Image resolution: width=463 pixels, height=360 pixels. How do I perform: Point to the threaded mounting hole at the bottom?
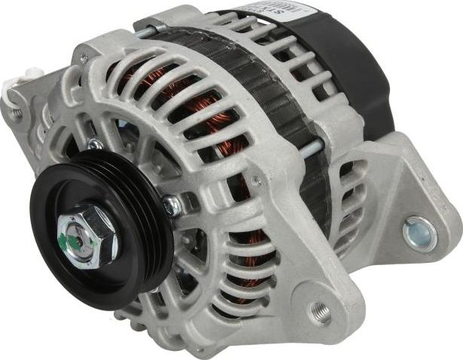(x=320, y=310)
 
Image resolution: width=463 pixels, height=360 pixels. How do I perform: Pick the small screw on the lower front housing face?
(x=256, y=181)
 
